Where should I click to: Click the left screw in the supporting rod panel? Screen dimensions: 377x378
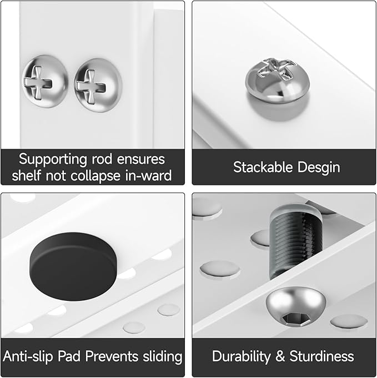coord(46,81)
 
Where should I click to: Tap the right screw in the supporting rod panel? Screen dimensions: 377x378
coord(98,85)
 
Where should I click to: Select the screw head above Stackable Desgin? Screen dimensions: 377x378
coord(278,80)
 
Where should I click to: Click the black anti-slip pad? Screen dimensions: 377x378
coord(73,266)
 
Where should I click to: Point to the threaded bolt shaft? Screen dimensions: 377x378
coord(296,241)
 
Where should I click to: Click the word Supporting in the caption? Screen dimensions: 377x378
coord(53,160)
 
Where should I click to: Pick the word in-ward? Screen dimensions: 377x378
coord(148,175)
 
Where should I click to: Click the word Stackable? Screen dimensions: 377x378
coord(263,167)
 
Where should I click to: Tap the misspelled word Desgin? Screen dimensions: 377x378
coord(319,168)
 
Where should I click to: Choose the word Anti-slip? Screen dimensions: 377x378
coord(28,356)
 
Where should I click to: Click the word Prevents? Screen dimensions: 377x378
coord(112,356)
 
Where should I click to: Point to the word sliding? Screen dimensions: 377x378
coord(162,357)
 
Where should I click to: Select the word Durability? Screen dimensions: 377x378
coord(241,357)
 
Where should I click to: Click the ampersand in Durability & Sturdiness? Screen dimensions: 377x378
coord(280,356)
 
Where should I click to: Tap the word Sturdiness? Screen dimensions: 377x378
coord(322,356)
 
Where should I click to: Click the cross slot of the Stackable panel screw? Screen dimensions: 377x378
coord(277,67)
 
